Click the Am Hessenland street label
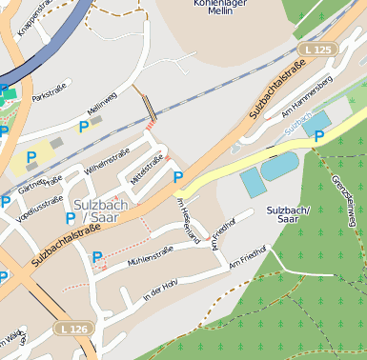(188, 218)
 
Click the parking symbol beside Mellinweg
(84, 127)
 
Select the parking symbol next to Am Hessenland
(178, 176)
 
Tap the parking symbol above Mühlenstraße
(97, 256)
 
